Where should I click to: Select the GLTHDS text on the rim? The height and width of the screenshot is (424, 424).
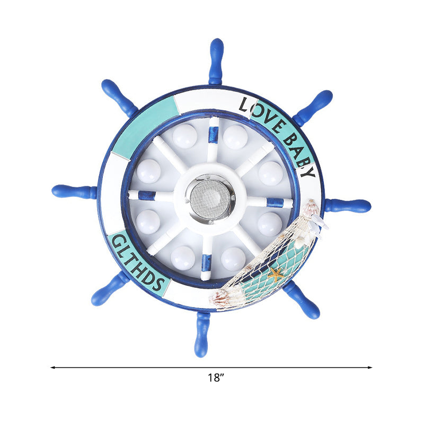138,262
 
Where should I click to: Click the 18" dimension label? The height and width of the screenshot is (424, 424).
216,378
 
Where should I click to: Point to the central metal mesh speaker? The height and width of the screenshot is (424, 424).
211,198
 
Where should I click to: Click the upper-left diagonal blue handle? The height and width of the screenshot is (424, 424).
118,97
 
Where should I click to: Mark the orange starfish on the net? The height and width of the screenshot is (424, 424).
275,275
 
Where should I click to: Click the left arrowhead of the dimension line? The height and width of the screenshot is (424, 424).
52,367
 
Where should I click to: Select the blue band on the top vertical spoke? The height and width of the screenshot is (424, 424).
213,135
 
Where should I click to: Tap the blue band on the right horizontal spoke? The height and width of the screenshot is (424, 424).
275,202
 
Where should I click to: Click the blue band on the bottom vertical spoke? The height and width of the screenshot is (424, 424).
207,262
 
